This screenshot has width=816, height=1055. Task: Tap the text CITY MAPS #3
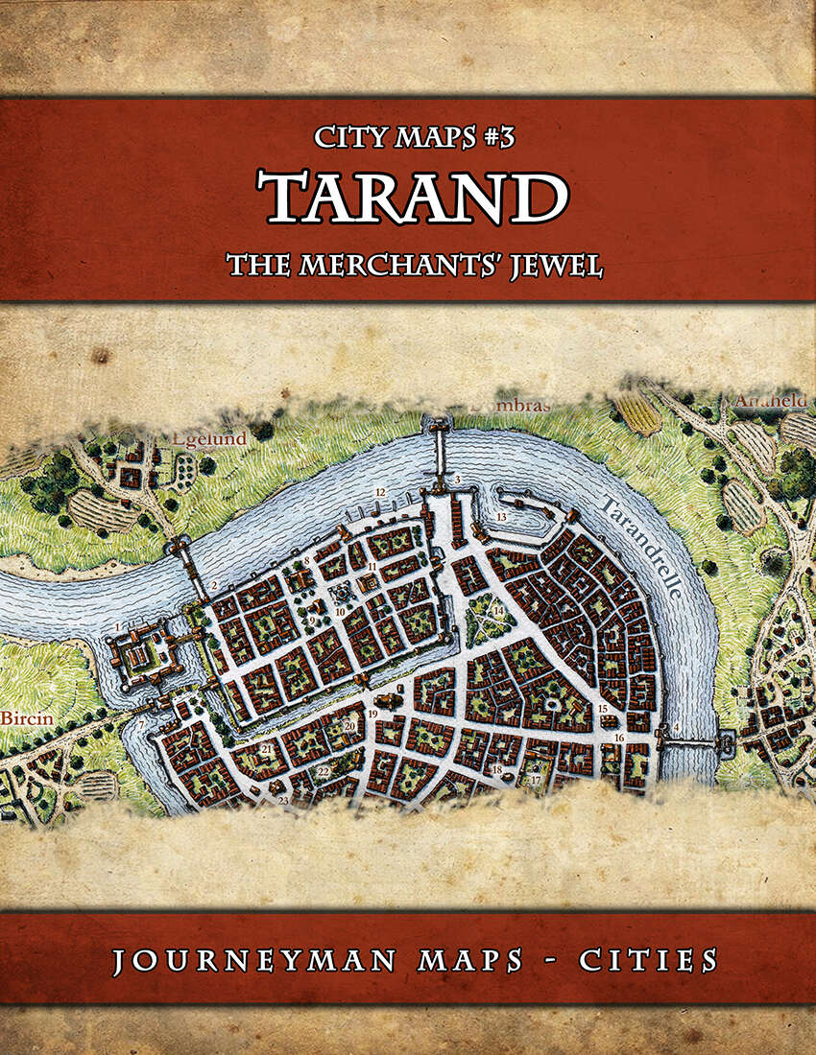pos(415,137)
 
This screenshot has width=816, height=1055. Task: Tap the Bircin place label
pos(22,716)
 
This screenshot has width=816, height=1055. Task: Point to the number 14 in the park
pos(498,610)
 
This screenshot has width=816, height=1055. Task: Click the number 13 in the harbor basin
pos(500,516)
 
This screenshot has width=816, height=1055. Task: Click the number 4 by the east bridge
pos(677,726)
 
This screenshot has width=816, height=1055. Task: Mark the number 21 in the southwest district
pos(265,749)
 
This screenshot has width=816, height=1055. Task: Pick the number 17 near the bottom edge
pos(536,781)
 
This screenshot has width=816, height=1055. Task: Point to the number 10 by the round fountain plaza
pos(339,611)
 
